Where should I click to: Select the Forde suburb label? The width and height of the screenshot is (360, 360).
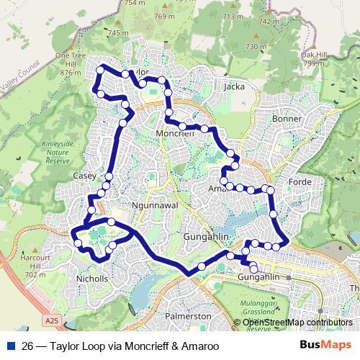[x=300, y=181]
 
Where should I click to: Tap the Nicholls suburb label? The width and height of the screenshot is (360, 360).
[x=91, y=279]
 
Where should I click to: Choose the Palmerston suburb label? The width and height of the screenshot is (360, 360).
[x=189, y=316]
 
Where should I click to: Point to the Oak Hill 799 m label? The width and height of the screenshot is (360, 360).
[x=315, y=58]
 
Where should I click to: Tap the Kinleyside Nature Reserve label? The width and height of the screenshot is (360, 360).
[x=58, y=153]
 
